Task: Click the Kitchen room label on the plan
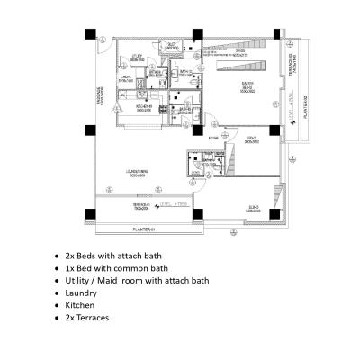click(144, 106)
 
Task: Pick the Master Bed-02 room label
click(246, 86)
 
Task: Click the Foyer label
click(214, 139)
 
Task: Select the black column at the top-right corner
click(289, 34)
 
